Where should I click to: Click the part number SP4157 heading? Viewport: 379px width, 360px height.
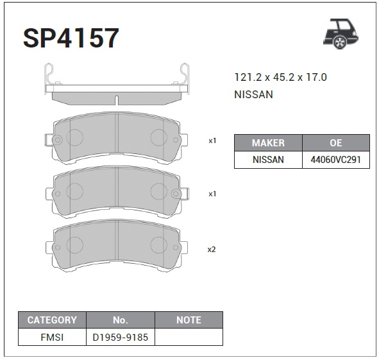click(71, 38)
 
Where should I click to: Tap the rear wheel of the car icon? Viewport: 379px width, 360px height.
click(340, 42)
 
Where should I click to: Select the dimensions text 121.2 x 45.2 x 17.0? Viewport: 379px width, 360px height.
click(280, 78)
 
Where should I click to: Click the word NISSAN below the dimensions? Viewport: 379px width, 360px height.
click(253, 94)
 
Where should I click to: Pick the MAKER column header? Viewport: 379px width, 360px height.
click(268, 142)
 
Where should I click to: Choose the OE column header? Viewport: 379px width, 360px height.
click(336, 142)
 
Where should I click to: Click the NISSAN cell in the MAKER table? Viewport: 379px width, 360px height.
click(268, 160)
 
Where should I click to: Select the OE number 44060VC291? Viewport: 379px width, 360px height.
click(336, 160)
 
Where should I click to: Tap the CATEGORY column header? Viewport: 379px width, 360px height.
click(52, 320)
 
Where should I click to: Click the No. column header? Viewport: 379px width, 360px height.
click(121, 320)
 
